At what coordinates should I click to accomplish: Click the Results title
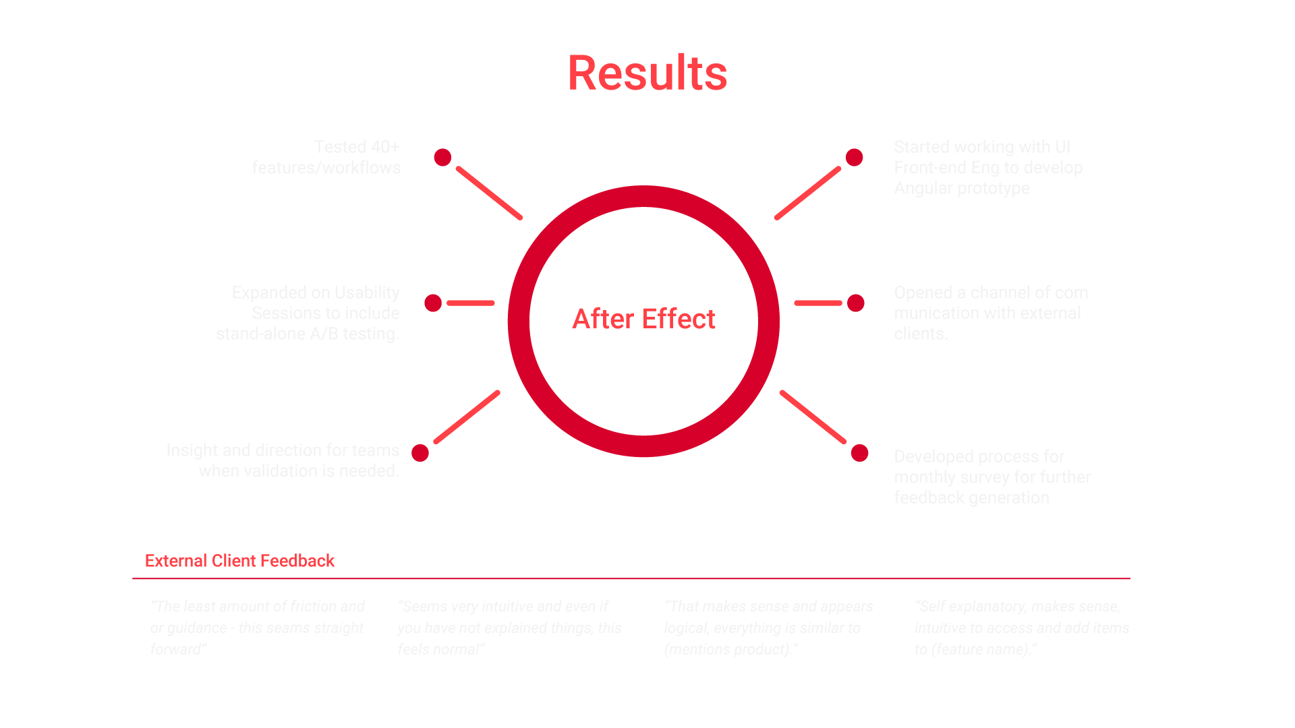click(x=647, y=73)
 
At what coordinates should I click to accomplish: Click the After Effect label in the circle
click(x=643, y=319)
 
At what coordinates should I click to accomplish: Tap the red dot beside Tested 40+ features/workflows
click(x=442, y=157)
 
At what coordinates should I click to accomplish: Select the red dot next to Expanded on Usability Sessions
click(x=433, y=303)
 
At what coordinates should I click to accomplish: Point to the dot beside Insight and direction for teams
click(x=420, y=453)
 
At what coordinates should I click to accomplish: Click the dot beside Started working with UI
click(x=855, y=157)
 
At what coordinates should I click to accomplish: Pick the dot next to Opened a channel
click(x=856, y=303)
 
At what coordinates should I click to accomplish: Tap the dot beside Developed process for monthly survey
click(x=859, y=453)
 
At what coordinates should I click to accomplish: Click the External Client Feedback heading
click(x=239, y=561)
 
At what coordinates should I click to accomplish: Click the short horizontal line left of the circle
click(x=471, y=303)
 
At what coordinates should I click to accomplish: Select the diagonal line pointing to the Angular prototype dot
click(x=808, y=193)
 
